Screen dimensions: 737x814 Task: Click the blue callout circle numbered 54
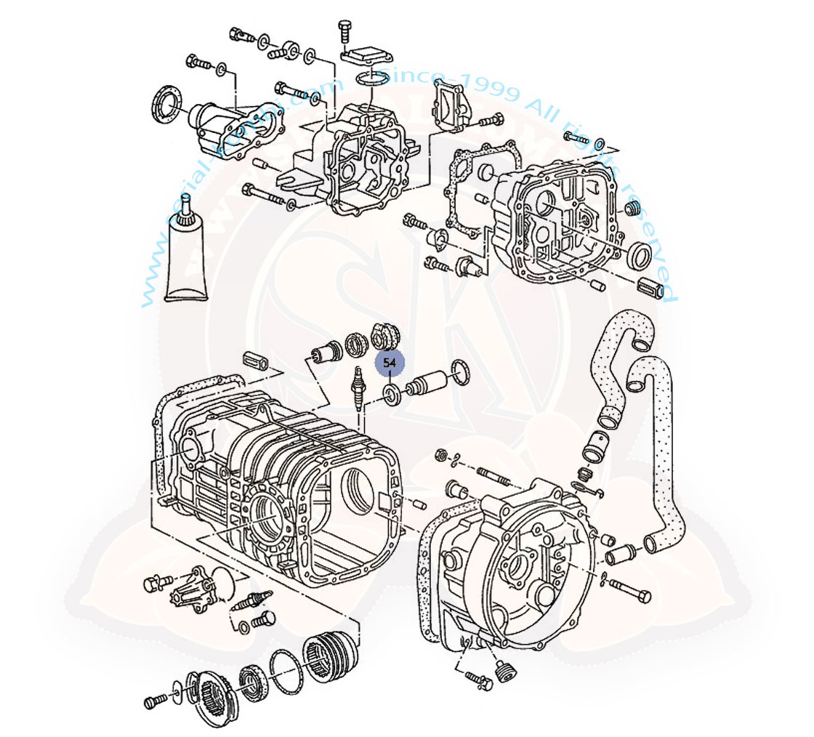pos(390,362)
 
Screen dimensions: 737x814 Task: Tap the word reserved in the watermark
pos(650,240)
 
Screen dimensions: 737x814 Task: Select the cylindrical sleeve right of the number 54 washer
pos(424,383)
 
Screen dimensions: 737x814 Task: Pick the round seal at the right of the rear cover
pos(640,255)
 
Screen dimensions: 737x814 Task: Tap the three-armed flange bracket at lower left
pos(190,592)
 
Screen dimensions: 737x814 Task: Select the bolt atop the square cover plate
pos(344,31)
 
